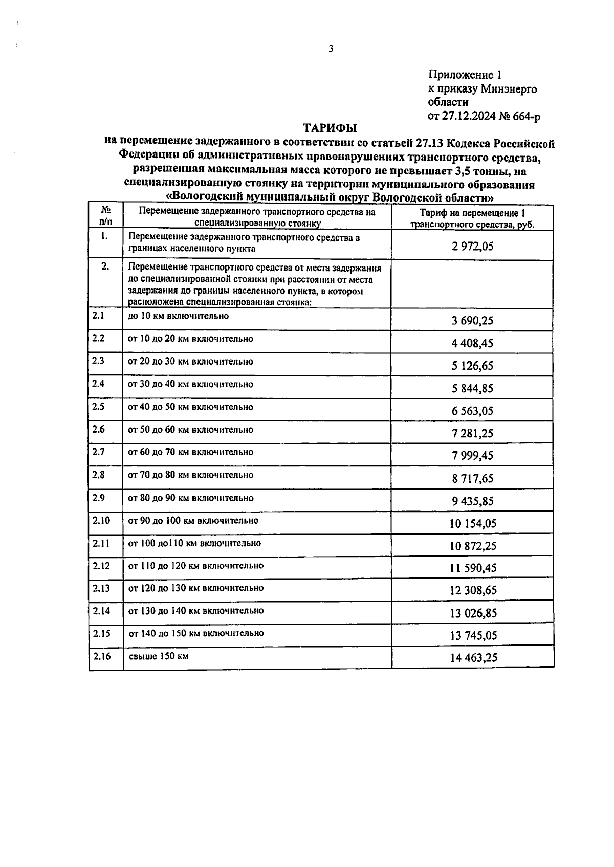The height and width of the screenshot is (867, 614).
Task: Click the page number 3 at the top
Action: tap(331, 49)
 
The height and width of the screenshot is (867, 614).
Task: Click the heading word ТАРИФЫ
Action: tap(331, 128)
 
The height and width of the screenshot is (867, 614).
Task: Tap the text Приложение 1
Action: tap(464, 75)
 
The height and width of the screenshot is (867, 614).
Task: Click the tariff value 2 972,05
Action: tap(472, 247)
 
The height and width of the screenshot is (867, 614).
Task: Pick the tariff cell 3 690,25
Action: tap(472, 321)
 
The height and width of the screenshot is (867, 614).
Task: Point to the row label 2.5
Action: tap(98, 407)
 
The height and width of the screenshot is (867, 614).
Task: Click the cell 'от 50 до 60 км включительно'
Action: tap(190, 430)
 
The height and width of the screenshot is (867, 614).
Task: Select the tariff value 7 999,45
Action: tap(472, 456)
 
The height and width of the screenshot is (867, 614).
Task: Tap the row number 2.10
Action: tap(101, 521)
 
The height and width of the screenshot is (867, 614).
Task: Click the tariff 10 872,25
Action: tap(473, 546)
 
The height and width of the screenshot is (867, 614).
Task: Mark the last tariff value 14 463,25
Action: tap(473, 658)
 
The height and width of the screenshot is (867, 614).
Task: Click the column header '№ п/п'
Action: tap(105, 216)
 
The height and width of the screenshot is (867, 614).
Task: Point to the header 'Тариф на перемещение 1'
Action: tap(472, 213)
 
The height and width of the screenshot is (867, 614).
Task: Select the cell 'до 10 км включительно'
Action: tap(178, 316)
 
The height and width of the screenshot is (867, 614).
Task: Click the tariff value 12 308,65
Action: tap(473, 591)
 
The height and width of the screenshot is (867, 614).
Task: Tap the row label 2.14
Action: tap(101, 611)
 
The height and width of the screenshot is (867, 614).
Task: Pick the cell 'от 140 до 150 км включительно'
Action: tap(196, 633)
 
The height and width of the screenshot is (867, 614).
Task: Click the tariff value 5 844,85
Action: tap(472, 388)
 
